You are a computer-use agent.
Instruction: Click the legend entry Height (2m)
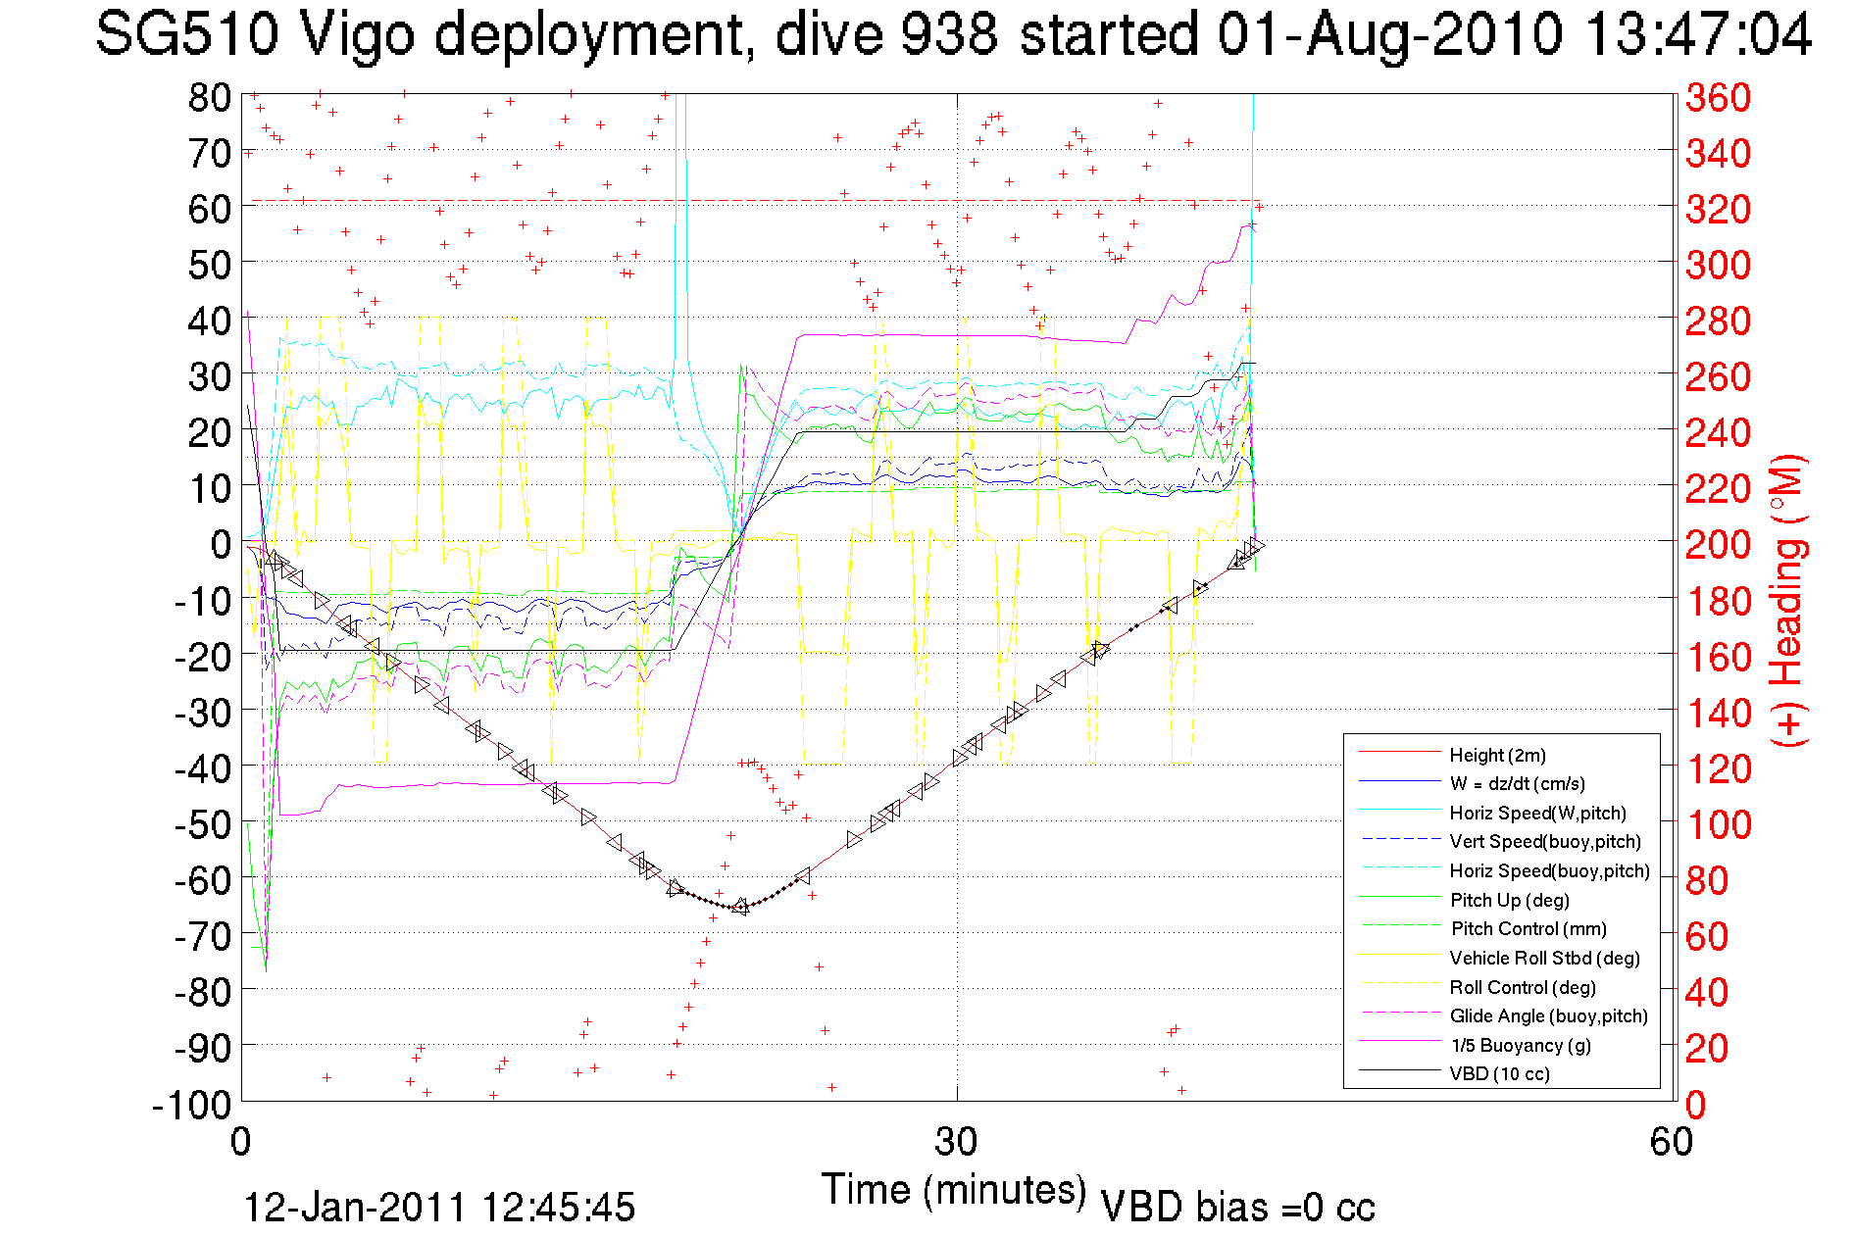click(x=1497, y=755)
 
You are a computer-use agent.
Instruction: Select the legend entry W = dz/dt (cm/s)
click(x=1517, y=783)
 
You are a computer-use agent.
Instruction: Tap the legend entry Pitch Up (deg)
click(x=1509, y=900)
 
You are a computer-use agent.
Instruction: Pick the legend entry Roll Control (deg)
click(x=1522, y=987)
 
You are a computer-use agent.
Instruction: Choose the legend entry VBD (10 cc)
click(x=1499, y=1073)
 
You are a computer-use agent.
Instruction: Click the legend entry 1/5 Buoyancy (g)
click(x=1521, y=1045)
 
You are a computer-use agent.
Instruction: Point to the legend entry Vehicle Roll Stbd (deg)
click(x=1544, y=958)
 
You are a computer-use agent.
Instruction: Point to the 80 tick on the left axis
click(x=209, y=97)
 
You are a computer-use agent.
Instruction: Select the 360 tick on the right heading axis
click(x=1718, y=97)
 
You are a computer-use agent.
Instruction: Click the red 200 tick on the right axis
click(x=1718, y=544)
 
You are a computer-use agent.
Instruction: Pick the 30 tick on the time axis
click(x=956, y=1142)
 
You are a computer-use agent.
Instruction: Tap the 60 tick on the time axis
click(x=1672, y=1142)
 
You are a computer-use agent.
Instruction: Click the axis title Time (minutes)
click(x=954, y=1189)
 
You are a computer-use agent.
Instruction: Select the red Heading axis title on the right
click(x=1788, y=600)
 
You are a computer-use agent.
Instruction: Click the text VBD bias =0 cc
click(x=1237, y=1207)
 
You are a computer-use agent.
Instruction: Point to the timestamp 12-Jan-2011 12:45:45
click(x=439, y=1207)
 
